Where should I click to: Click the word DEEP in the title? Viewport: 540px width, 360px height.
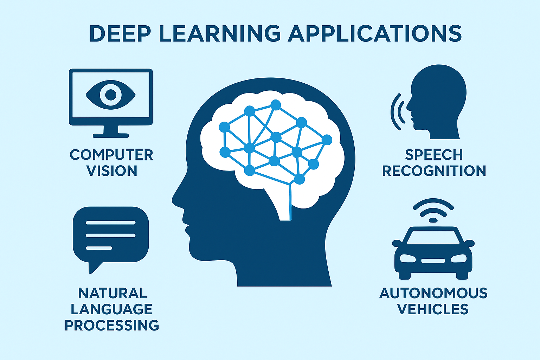(x=120, y=33)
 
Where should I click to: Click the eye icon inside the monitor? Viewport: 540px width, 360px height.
(x=110, y=94)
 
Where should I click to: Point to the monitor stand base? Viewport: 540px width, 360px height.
(x=111, y=135)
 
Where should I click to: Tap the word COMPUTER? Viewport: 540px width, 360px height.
(x=111, y=155)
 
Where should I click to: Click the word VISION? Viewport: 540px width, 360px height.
(x=111, y=171)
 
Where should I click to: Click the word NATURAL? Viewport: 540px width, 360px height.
(x=112, y=293)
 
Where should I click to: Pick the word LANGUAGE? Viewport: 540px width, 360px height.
(x=111, y=309)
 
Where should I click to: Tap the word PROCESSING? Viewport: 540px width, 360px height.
(x=112, y=325)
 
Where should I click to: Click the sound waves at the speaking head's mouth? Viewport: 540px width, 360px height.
(x=397, y=111)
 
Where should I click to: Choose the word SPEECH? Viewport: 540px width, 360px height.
(x=433, y=155)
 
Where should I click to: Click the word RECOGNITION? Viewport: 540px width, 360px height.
(x=434, y=171)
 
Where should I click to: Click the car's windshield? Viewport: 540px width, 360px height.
(x=433, y=237)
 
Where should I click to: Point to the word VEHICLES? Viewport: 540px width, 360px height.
(x=433, y=309)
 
